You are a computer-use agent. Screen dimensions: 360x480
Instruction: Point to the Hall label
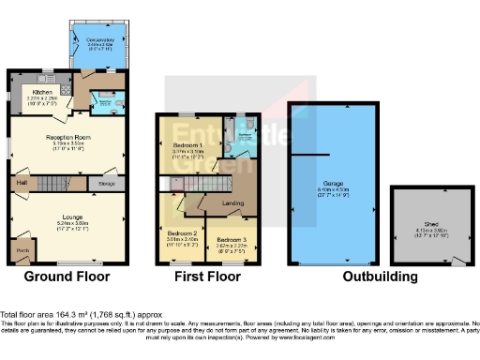(x=21, y=182)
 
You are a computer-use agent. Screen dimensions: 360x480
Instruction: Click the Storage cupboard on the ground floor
(x=108, y=183)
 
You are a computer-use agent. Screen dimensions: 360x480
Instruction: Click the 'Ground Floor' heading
(x=67, y=277)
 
